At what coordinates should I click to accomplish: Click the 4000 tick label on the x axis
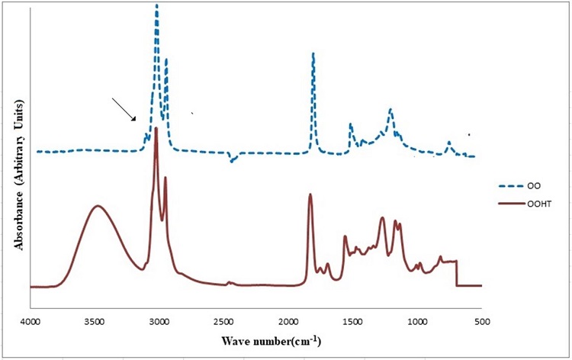pyautogui.click(x=30, y=323)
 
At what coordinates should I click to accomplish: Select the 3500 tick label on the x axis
pyautogui.click(x=94, y=323)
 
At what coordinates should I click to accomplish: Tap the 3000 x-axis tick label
pyautogui.click(x=159, y=323)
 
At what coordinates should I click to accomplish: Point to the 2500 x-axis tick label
pyautogui.click(x=223, y=323)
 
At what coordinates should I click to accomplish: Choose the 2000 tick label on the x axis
pyautogui.click(x=288, y=323)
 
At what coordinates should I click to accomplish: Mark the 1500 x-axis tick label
pyautogui.click(x=352, y=323)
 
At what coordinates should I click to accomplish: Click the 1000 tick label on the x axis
pyautogui.click(x=416, y=323)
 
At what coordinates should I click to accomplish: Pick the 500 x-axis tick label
pyautogui.click(x=480, y=323)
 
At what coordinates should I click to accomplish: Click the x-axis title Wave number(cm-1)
pyautogui.click(x=271, y=339)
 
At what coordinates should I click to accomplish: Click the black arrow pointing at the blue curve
pyautogui.click(x=124, y=109)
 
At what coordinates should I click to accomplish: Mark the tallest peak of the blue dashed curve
pyautogui.click(x=156, y=6)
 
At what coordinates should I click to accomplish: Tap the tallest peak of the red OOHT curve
pyautogui.click(x=156, y=129)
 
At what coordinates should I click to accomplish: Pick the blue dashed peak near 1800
pyautogui.click(x=313, y=54)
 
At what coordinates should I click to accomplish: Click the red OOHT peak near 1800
pyautogui.click(x=310, y=194)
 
